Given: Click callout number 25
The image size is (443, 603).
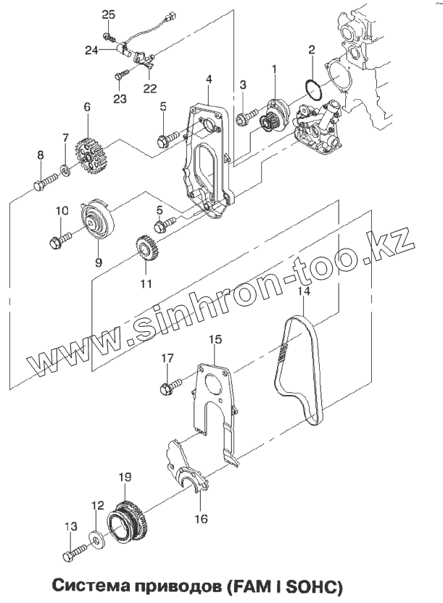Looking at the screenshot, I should click(x=108, y=15).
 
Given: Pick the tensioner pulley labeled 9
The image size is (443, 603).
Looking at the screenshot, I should click(x=95, y=224).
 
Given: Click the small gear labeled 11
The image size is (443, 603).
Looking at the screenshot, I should click(x=146, y=253).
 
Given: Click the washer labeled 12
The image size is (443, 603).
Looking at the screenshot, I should click(x=96, y=539).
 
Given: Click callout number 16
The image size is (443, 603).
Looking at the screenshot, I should click(x=201, y=518).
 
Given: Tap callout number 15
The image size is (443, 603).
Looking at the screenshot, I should click(x=215, y=338).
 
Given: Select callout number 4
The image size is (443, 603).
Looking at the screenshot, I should click(x=208, y=78).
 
